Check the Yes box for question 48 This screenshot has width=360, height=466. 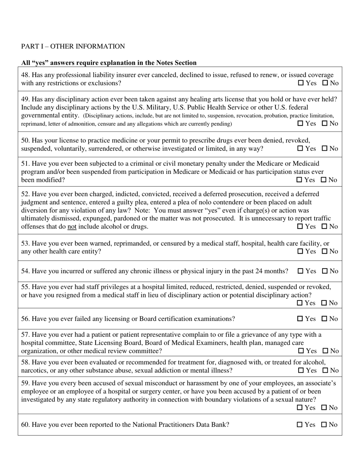coord(301,83)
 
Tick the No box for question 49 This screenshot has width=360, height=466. coord(324,124)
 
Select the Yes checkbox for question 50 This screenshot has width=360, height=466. coord(301,149)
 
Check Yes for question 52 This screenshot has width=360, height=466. coord(300,227)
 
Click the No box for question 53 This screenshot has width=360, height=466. coord(324,251)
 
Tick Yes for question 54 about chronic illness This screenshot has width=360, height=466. coord(301,271)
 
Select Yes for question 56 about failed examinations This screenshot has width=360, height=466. coord(300,319)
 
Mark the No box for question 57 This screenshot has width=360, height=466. coord(325,351)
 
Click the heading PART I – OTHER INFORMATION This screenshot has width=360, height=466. coord(73,46)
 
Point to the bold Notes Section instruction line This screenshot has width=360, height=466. coord(109,63)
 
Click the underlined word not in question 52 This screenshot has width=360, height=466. coord(71,227)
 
